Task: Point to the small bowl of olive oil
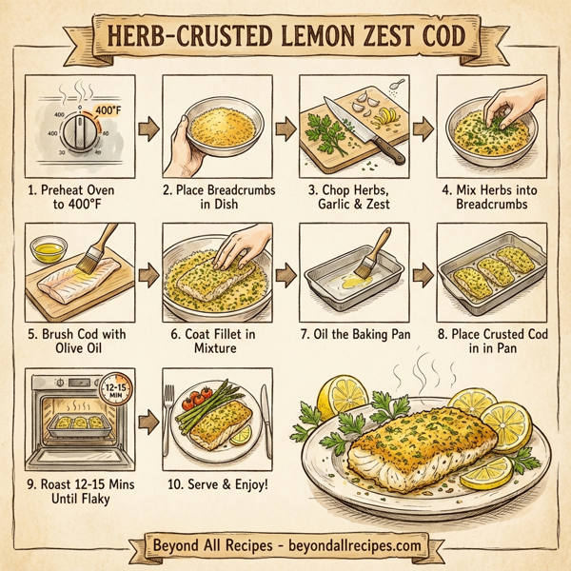point(50,254)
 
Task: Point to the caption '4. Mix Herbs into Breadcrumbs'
point(486,197)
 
